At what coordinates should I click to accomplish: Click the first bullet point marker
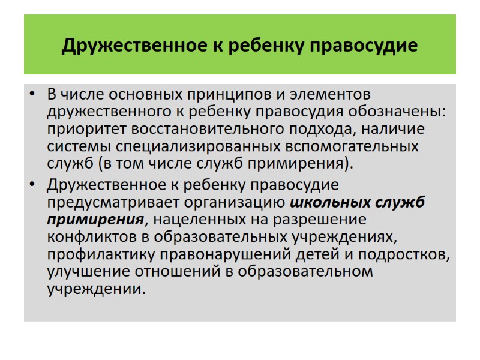click(33, 95)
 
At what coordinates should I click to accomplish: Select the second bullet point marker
click(33, 184)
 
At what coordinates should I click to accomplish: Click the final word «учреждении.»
click(96, 289)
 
